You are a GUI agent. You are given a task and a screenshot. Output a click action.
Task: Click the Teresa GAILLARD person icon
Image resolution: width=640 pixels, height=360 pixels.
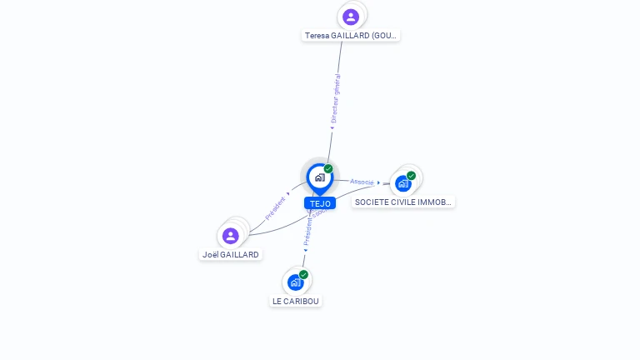tap(351, 16)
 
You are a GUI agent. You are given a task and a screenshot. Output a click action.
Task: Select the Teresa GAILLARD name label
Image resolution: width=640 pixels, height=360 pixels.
tap(351, 36)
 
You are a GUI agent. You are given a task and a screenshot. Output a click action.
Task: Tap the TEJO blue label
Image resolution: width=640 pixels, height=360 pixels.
tap(320, 203)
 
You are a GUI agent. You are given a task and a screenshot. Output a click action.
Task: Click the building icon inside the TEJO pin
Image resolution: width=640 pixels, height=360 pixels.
tap(319, 177)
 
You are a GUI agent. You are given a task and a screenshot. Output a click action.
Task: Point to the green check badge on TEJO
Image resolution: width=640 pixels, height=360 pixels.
tap(328, 168)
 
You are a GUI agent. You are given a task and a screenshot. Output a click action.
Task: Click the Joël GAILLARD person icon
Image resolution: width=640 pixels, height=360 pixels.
tap(231, 236)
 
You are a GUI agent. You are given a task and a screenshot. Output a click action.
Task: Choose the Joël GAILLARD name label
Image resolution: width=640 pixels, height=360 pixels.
tap(231, 255)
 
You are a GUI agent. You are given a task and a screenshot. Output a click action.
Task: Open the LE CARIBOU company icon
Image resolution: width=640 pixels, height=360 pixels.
tap(295, 282)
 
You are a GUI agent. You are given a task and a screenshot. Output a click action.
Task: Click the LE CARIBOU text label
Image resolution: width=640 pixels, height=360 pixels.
tap(296, 301)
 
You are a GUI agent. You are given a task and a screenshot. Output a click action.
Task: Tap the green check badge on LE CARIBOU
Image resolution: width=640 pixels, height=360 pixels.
tap(303, 274)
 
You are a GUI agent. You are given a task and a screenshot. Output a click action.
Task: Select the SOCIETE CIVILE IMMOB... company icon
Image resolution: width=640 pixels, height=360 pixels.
tap(403, 183)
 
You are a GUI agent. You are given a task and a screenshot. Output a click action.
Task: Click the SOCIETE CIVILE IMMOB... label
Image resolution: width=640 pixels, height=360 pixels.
tap(403, 202)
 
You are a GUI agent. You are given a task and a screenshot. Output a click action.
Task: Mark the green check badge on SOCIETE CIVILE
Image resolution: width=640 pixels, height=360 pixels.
tap(411, 176)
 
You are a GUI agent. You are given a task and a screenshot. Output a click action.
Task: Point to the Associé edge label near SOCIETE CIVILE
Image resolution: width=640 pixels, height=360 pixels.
tap(362, 182)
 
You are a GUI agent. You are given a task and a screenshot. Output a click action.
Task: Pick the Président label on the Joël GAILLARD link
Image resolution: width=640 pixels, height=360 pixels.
tap(277, 207)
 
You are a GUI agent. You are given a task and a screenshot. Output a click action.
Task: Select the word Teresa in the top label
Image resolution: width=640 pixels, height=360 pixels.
tap(317, 36)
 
